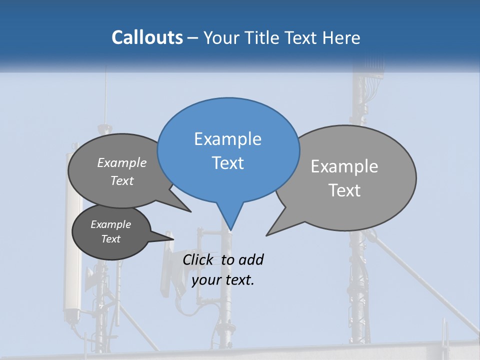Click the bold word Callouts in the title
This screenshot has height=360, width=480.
pos(147,37)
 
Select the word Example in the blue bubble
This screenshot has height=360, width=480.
pos(227,139)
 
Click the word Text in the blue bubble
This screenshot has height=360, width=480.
pos(227,163)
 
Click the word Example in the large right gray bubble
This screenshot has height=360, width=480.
pos(344,166)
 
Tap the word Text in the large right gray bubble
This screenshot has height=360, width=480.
pos(344,190)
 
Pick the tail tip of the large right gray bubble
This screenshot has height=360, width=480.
pos(267,234)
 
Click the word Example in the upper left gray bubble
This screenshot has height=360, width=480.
pos(122,163)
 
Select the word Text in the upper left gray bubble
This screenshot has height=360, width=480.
pos(122,181)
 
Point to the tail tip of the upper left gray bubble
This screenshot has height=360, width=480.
pos(190,211)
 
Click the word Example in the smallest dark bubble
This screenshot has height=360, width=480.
pos(110,224)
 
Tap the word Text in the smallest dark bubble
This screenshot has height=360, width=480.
pos(110,239)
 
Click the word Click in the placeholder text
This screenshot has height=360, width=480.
pos(198,259)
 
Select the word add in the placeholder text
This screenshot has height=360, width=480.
pos(251,260)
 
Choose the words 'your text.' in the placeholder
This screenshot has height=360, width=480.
pos(223,280)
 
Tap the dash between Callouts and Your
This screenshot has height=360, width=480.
pos(193,38)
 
